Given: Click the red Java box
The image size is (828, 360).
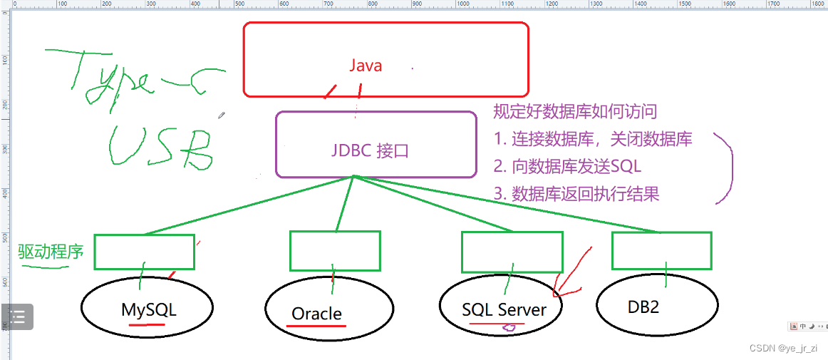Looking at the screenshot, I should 385,59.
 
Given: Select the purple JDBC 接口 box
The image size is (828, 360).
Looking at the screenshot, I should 376,144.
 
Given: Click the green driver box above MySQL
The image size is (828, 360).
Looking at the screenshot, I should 144,252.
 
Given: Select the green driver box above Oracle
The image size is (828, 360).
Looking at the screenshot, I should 334,251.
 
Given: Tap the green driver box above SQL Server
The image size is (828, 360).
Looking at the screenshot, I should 512,252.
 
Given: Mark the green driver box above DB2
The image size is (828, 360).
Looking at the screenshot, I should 661,251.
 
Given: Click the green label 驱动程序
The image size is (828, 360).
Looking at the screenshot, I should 51,251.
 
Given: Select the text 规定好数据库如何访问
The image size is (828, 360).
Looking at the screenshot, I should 575,111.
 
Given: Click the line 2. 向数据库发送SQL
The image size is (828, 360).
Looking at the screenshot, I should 567,166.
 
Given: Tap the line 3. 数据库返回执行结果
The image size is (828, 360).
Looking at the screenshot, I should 576,193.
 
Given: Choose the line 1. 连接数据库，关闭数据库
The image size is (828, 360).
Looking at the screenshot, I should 593,139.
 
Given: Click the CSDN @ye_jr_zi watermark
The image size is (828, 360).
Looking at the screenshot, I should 783,348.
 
